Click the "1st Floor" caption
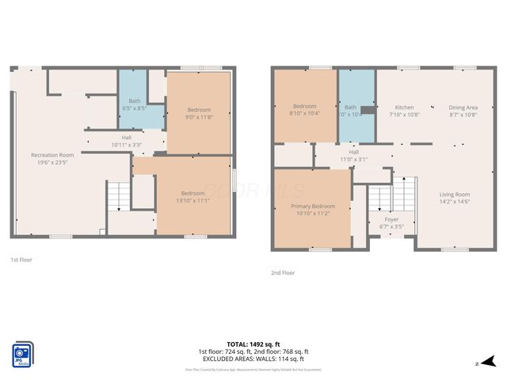[21, 259]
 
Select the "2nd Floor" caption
[282, 272]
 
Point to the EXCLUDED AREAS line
[253, 358]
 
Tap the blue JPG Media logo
[22, 354]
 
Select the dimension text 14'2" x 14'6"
[455, 202]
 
